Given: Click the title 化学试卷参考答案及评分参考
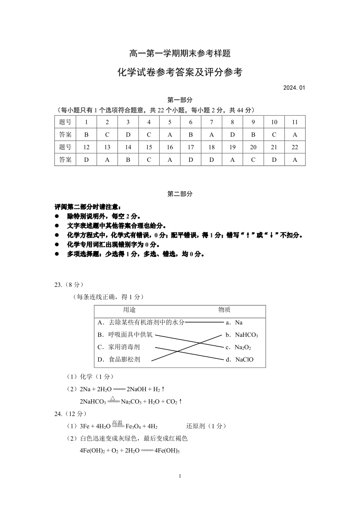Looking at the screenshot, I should coord(180,72).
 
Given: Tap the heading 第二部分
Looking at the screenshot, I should coord(180,194).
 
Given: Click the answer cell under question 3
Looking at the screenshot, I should coord(128,135).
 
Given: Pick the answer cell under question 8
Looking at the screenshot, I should coord(233,135).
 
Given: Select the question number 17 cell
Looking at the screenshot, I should coord(191,147).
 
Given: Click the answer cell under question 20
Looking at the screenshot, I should coord(253,160).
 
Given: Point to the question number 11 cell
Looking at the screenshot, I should coord(295,122).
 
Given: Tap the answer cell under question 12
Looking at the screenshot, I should coord(87,160).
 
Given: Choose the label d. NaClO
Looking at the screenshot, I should coord(240,359).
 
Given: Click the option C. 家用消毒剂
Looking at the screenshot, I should coord(118,347).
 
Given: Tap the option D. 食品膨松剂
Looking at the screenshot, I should coord(118,359).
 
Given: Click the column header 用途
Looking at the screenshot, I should coord(129,310).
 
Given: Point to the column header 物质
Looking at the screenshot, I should coord(224,310).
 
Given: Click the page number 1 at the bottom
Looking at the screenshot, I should coord(180,476).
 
